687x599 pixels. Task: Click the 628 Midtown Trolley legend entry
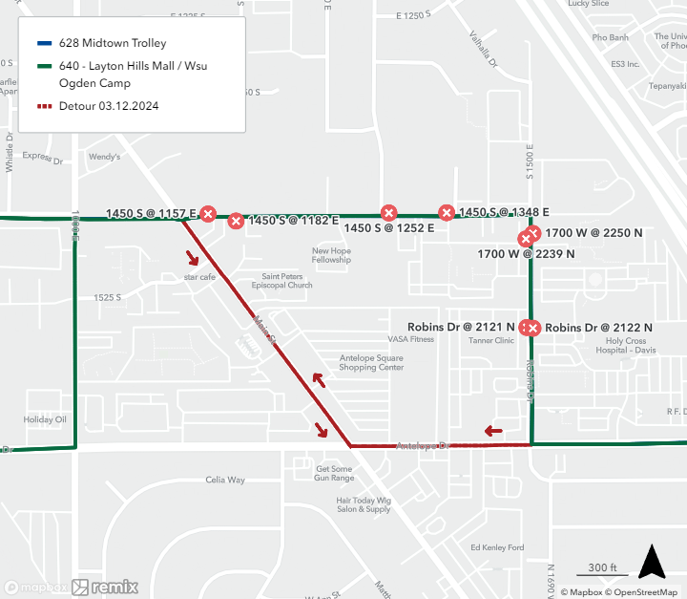[x=112, y=43]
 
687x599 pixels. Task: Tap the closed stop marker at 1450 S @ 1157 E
[x=208, y=214]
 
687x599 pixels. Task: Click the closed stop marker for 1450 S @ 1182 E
[x=236, y=222]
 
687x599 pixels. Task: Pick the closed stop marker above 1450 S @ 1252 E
[x=388, y=213]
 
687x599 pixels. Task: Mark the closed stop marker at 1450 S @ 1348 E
[x=446, y=212]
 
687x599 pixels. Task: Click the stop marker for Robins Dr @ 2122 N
[x=533, y=329]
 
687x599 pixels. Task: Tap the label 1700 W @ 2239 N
[x=526, y=254]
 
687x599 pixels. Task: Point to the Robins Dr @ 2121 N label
[x=461, y=327]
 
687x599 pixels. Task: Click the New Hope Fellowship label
[x=331, y=255]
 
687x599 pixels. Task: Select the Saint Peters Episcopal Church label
[x=281, y=281]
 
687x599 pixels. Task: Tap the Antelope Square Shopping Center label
[x=371, y=363]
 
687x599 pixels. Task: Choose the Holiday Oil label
[x=45, y=419]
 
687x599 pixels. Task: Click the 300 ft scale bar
[x=601, y=569]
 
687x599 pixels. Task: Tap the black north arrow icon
[x=652, y=562]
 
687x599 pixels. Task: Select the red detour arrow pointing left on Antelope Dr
[x=493, y=431]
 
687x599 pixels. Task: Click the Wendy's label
[x=103, y=156]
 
